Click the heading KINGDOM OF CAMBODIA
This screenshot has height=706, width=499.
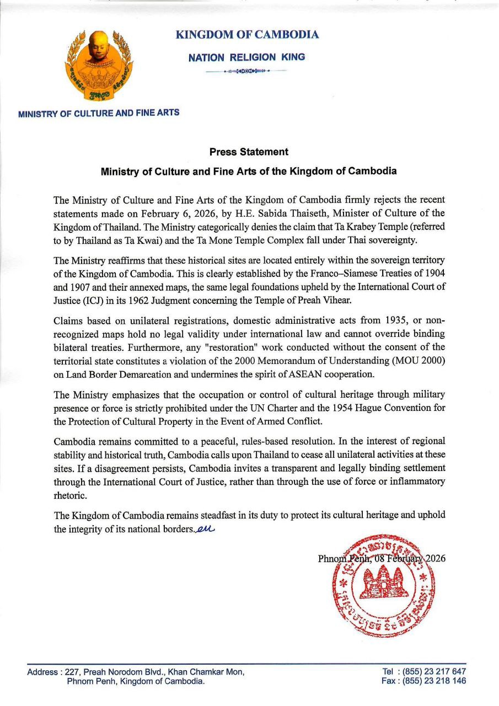pos(246,35)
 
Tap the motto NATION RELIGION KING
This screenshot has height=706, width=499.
pos(246,57)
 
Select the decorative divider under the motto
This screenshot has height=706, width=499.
pos(246,71)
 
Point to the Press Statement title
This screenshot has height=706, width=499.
pos(249,152)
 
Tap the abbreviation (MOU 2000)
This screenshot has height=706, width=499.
pos(415,360)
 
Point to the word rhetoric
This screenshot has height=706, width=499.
pos(70,495)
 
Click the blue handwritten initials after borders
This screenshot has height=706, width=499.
pos(205,529)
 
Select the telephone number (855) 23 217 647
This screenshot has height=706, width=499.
pos(434,672)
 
